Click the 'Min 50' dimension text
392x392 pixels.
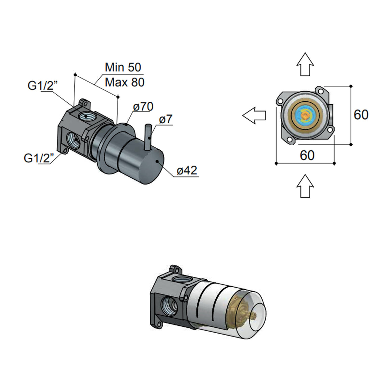tap(123, 67)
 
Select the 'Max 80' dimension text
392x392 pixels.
tap(124, 82)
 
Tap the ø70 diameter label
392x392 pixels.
tap(143, 107)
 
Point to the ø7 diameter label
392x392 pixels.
tap(166, 119)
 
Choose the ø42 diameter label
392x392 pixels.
tap(187, 171)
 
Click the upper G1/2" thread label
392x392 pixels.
tap(43, 86)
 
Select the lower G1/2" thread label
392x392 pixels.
tap(39, 158)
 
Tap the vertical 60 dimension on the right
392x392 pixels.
tap(361, 115)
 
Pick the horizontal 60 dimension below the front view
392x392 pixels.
tap(307, 155)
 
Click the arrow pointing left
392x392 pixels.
tap(254, 115)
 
